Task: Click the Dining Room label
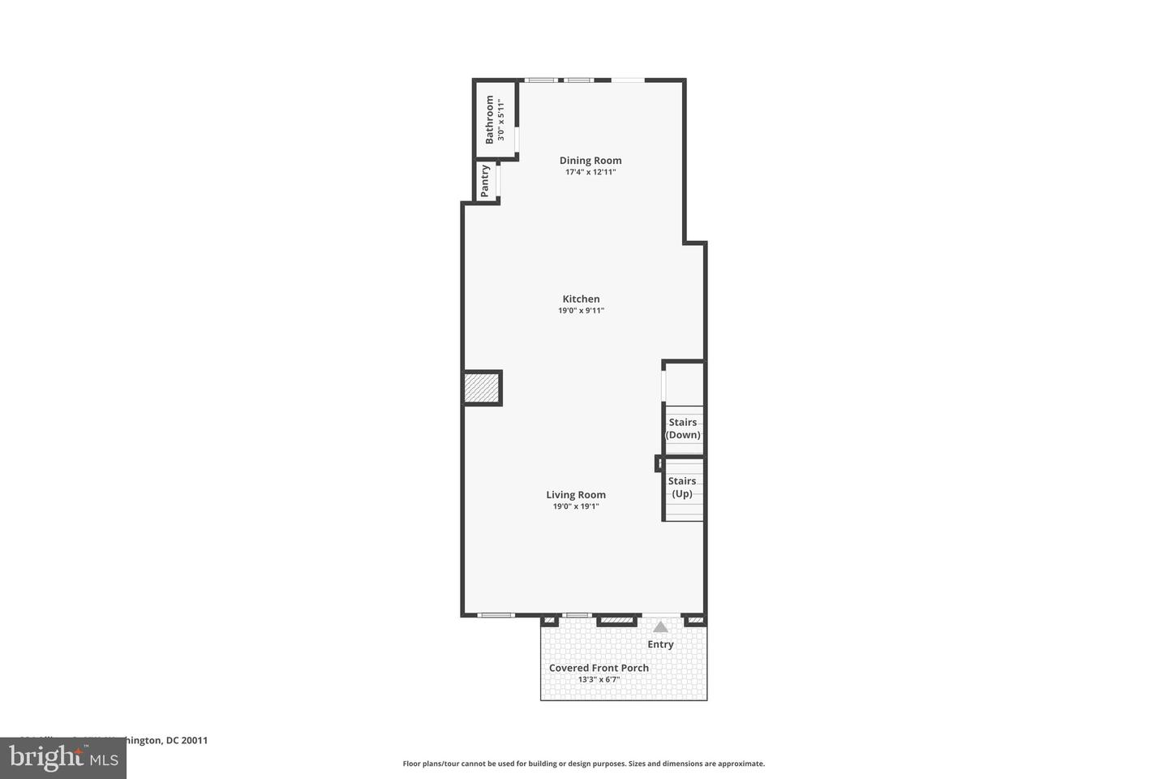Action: click(x=590, y=161)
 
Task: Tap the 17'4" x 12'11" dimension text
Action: click(x=590, y=172)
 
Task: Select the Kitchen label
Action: click(x=581, y=299)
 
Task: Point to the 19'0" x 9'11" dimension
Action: click(x=581, y=310)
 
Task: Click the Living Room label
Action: click(x=576, y=495)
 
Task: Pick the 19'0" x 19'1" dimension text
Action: click(x=576, y=506)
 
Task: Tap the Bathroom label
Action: click(x=489, y=120)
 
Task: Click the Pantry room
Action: click(x=486, y=181)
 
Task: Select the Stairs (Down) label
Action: click(x=683, y=428)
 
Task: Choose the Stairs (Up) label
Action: click(x=682, y=487)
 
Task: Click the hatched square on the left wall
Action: click(x=482, y=388)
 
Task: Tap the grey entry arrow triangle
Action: click(x=660, y=626)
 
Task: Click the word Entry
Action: click(x=660, y=644)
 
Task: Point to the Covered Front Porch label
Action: click(x=599, y=668)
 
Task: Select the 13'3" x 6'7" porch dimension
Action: click(x=599, y=680)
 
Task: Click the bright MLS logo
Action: click(x=62, y=758)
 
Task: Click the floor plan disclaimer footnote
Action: click(x=583, y=764)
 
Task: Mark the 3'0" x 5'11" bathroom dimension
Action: click(x=501, y=120)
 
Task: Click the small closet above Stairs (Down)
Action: click(x=684, y=383)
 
